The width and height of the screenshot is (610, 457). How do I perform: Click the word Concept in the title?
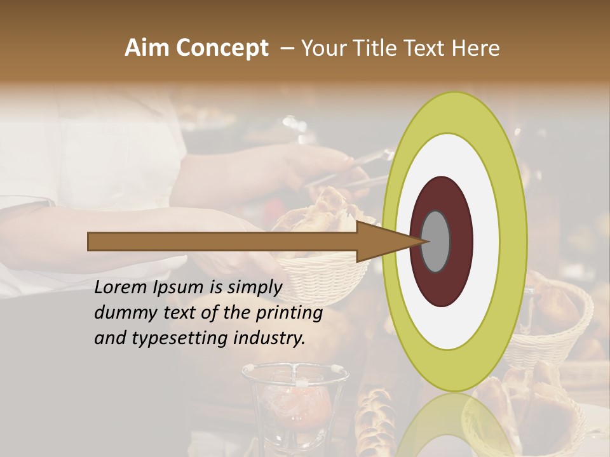pyautogui.click(x=222, y=49)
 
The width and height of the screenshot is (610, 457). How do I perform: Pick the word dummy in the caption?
pyautogui.click(x=123, y=314)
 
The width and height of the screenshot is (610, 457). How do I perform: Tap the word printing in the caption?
pyautogui.click(x=290, y=314)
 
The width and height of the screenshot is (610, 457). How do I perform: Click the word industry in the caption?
pyautogui.click(x=269, y=338)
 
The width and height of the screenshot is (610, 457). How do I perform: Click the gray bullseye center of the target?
pyautogui.click(x=436, y=241)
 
